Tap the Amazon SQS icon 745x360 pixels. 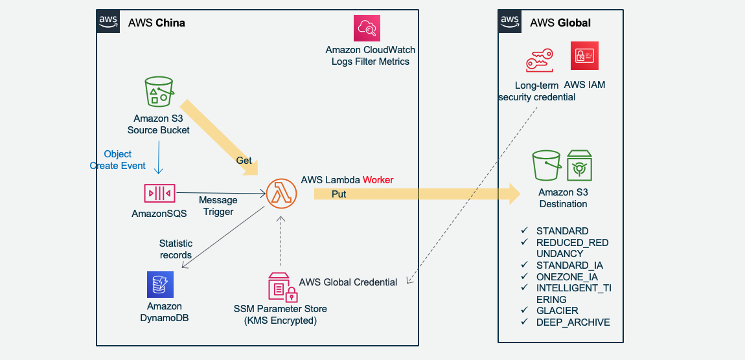pos(159,193)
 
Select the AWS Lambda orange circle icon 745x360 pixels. pos(282,192)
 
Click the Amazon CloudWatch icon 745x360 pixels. pos(367,28)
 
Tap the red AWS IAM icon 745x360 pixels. pos(584,56)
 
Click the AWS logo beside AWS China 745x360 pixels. pos(109,21)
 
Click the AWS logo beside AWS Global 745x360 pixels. pos(510,21)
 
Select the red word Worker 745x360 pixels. pos(378,179)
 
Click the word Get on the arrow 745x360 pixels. pos(244,160)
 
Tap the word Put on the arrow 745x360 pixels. pos(339,194)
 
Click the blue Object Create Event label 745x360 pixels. pos(117,160)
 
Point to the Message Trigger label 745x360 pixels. pos(218,206)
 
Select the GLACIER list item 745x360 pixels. pos(556,311)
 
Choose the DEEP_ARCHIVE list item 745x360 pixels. pos(573,322)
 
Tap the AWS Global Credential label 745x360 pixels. pos(348,282)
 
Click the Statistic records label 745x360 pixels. pos(176,249)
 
